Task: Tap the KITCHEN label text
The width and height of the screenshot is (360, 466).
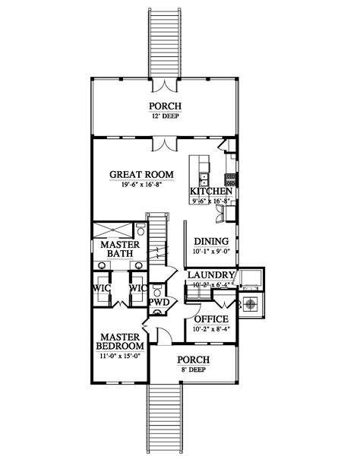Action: click(x=205, y=191)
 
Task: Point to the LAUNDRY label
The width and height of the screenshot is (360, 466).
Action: click(x=210, y=274)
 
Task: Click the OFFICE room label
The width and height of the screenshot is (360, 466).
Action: click(x=212, y=319)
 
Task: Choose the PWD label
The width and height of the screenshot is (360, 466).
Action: click(x=158, y=303)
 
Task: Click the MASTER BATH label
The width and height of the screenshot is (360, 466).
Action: click(x=119, y=250)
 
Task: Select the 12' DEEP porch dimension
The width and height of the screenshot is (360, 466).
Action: click(x=164, y=117)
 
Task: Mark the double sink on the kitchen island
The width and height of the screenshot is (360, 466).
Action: click(x=204, y=179)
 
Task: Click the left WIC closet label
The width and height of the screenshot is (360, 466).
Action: click(x=103, y=289)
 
